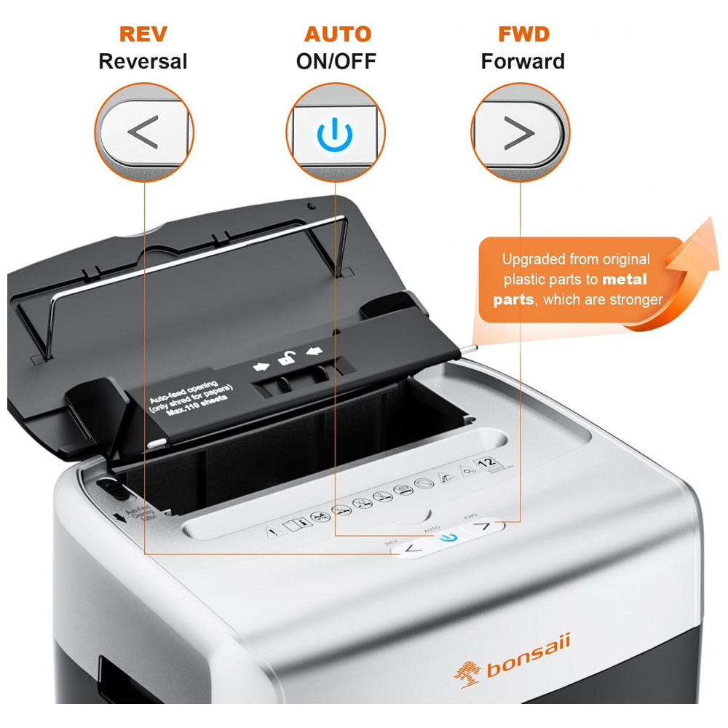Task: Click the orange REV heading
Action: [143, 34]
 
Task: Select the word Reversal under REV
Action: [143, 61]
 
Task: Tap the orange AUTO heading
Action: [337, 34]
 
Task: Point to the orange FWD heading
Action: [523, 34]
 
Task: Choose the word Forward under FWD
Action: [523, 61]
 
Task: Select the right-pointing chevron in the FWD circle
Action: [518, 132]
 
